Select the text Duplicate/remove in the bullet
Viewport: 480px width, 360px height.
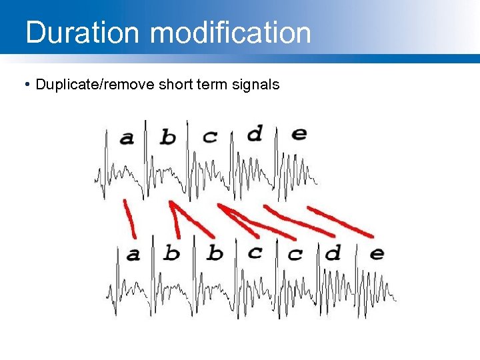pos(95,85)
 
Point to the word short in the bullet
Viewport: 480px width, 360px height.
pos(174,85)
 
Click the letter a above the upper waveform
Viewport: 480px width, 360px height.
pos(126,138)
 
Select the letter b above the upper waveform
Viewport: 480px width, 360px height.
pos(168,137)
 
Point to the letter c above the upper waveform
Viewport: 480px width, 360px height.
pos(210,137)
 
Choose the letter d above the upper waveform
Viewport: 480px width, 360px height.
pos(255,134)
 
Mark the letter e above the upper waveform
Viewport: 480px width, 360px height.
pos(299,133)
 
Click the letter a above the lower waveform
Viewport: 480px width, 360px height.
pos(133,254)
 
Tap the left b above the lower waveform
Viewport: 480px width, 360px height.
pos(172,253)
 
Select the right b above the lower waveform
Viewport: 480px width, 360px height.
pos(215,253)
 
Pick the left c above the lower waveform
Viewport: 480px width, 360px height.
pos(255,252)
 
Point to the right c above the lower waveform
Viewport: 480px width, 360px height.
pos(295,254)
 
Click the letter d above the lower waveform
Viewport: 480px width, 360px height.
pos(333,252)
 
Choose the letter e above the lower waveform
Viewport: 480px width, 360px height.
pos(377,253)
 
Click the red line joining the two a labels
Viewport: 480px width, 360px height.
pos(129,217)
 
